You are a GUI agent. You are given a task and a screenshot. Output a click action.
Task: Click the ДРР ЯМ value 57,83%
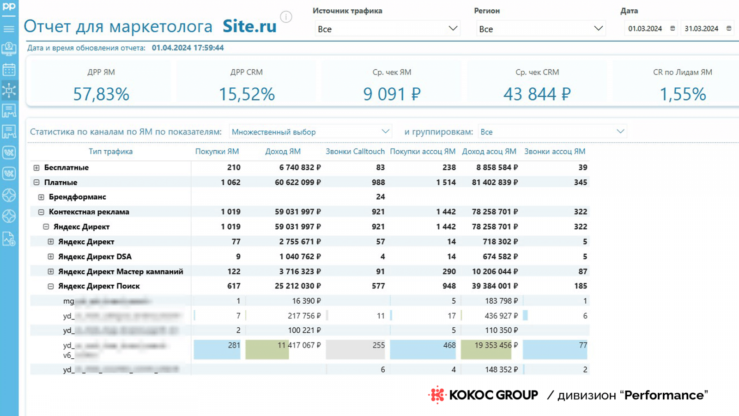(x=101, y=94)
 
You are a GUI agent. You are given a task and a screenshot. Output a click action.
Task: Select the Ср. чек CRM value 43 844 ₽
(x=537, y=94)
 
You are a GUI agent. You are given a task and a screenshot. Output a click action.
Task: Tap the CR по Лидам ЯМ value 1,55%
(x=682, y=94)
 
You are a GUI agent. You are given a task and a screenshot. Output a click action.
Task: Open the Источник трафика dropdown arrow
(x=453, y=29)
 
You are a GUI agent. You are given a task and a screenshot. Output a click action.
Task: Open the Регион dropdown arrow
(x=598, y=29)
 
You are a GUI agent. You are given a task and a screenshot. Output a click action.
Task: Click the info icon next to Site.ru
(x=286, y=18)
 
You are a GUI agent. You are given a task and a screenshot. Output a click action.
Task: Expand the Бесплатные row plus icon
(x=36, y=168)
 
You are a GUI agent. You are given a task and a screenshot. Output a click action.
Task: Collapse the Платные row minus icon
(x=36, y=183)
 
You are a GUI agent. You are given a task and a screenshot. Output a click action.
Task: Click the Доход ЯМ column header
(x=283, y=152)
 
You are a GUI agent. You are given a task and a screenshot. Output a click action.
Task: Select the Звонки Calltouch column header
(x=355, y=152)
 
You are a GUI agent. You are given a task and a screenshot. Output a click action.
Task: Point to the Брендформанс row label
(x=77, y=197)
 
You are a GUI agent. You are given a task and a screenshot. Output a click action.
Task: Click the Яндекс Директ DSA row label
(x=95, y=257)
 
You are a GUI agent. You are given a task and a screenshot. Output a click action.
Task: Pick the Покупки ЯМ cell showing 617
(x=234, y=286)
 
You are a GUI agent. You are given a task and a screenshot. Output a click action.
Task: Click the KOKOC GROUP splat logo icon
(x=436, y=395)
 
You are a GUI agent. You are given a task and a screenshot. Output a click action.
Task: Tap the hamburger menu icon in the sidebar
(x=9, y=29)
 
